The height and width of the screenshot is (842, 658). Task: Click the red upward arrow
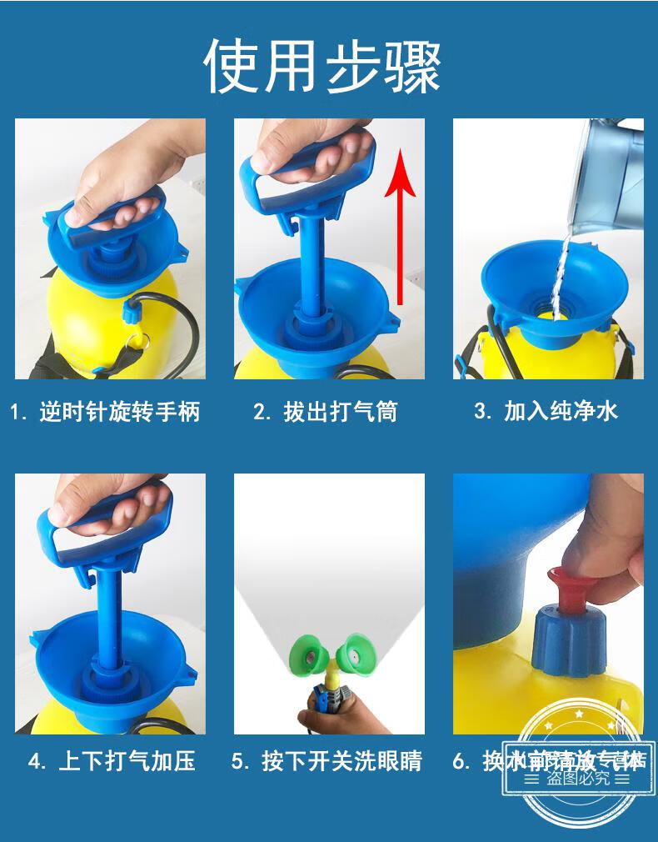point(404,225)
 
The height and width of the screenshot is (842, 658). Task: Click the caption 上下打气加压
point(112,761)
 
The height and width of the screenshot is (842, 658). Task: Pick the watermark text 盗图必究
point(578,779)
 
